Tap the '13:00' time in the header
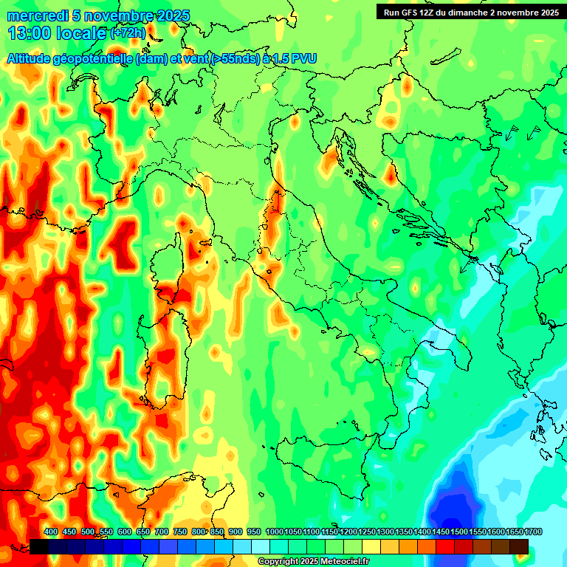click(29, 33)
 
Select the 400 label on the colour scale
click(51, 532)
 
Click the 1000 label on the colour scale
click(274, 532)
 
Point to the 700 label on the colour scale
click(162, 532)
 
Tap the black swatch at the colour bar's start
click(39, 546)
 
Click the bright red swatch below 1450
click(445, 546)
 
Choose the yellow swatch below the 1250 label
click(371, 546)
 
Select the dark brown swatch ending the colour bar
click(519, 546)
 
